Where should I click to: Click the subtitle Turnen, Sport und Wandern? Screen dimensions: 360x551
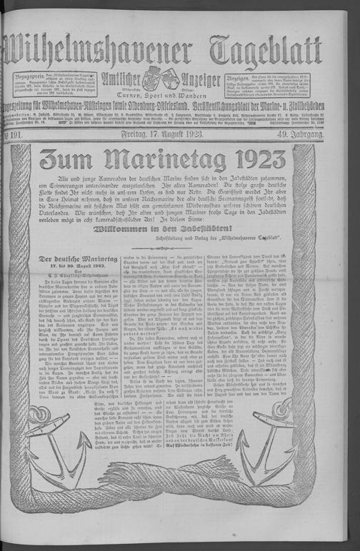[156, 94]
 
